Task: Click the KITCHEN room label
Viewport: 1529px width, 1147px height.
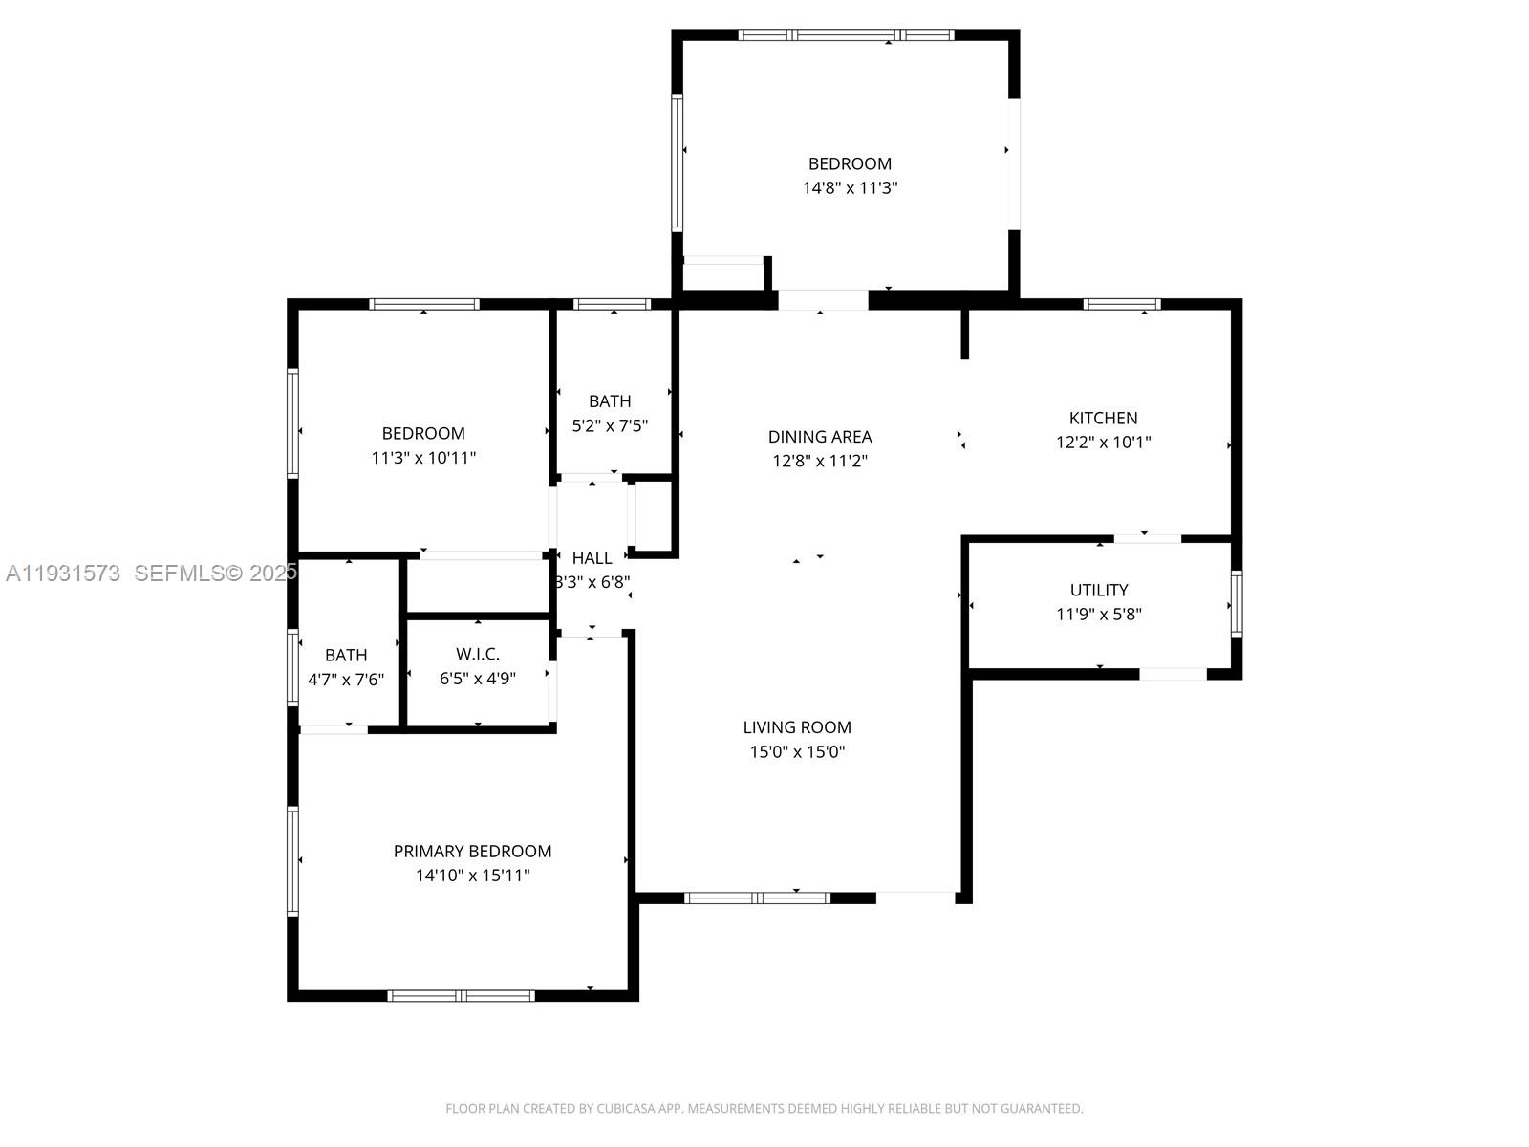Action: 1103,418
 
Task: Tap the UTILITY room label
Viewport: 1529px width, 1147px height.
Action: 1099,590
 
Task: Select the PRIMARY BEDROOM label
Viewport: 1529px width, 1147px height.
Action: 472,851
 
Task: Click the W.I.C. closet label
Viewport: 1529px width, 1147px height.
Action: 477,654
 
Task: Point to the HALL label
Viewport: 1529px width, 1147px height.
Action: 592,558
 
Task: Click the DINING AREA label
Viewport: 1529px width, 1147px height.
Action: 820,437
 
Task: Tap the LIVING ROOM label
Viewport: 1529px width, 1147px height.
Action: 797,727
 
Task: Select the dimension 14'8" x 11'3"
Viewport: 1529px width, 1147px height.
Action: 850,188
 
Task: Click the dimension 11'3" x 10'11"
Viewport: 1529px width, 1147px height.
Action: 423,458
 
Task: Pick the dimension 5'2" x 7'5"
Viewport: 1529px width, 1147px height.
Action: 610,425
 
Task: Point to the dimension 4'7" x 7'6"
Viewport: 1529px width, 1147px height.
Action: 346,680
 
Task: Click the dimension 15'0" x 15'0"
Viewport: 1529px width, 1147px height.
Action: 797,752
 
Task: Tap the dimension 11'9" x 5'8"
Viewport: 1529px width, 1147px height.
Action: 1099,615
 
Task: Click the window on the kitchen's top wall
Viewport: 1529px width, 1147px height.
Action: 1122,304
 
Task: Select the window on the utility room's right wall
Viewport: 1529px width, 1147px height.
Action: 1237,603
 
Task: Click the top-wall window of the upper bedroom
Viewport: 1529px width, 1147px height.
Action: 846,35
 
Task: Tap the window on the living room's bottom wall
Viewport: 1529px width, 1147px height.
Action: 757,898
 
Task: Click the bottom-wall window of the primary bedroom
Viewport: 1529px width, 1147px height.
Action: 461,995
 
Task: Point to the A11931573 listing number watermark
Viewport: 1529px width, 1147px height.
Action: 63,573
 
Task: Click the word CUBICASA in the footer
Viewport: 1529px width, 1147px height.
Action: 627,1109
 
